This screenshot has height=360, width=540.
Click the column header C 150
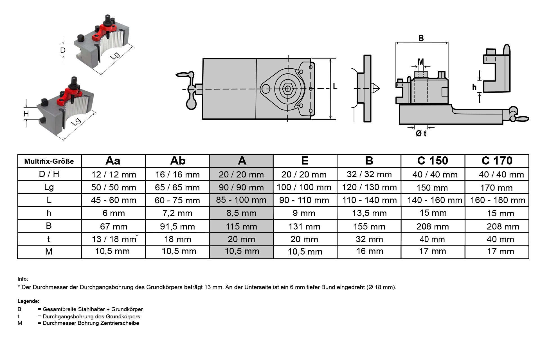click(433, 161)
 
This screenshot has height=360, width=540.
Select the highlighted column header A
click(241, 161)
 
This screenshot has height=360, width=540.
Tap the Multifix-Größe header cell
click(49, 161)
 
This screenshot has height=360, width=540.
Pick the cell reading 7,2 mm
click(177, 213)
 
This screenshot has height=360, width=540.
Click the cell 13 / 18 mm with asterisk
click(114, 239)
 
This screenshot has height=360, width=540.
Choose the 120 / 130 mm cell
click(369, 187)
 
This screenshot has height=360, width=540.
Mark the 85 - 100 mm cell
click(241, 200)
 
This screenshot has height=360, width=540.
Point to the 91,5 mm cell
click(177, 226)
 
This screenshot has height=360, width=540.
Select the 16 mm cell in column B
click(370, 251)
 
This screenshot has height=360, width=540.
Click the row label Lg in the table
click(49, 187)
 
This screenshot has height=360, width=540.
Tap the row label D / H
click(49, 174)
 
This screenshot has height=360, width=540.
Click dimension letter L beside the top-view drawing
click(335, 86)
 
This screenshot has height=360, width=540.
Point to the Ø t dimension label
click(421, 134)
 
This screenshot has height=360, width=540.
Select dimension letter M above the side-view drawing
click(421, 62)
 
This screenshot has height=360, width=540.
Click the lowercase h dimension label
click(474, 87)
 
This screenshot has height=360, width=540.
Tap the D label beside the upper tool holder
click(63, 50)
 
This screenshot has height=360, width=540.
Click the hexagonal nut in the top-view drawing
click(288, 89)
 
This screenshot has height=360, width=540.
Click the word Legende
click(28, 301)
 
